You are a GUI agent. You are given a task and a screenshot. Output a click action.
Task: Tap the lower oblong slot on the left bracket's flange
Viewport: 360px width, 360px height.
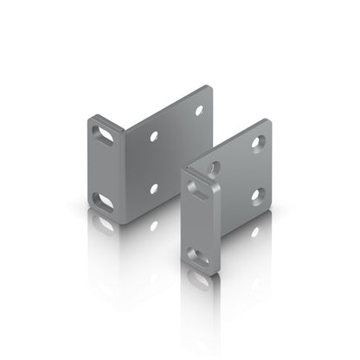pyautogui.click(x=102, y=201)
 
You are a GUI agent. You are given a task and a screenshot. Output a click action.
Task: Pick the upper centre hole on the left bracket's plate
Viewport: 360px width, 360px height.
pyautogui.click(x=154, y=137)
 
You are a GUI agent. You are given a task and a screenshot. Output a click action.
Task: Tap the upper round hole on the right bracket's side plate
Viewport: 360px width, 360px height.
pyautogui.click(x=257, y=141)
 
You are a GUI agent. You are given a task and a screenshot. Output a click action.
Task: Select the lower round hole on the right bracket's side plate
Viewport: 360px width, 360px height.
pyautogui.click(x=257, y=196)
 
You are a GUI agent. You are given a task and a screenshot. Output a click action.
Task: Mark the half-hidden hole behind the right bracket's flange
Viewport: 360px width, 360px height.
pyautogui.click(x=213, y=165)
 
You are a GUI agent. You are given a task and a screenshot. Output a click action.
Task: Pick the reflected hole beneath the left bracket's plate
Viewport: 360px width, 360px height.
pyautogui.click(x=153, y=225)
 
